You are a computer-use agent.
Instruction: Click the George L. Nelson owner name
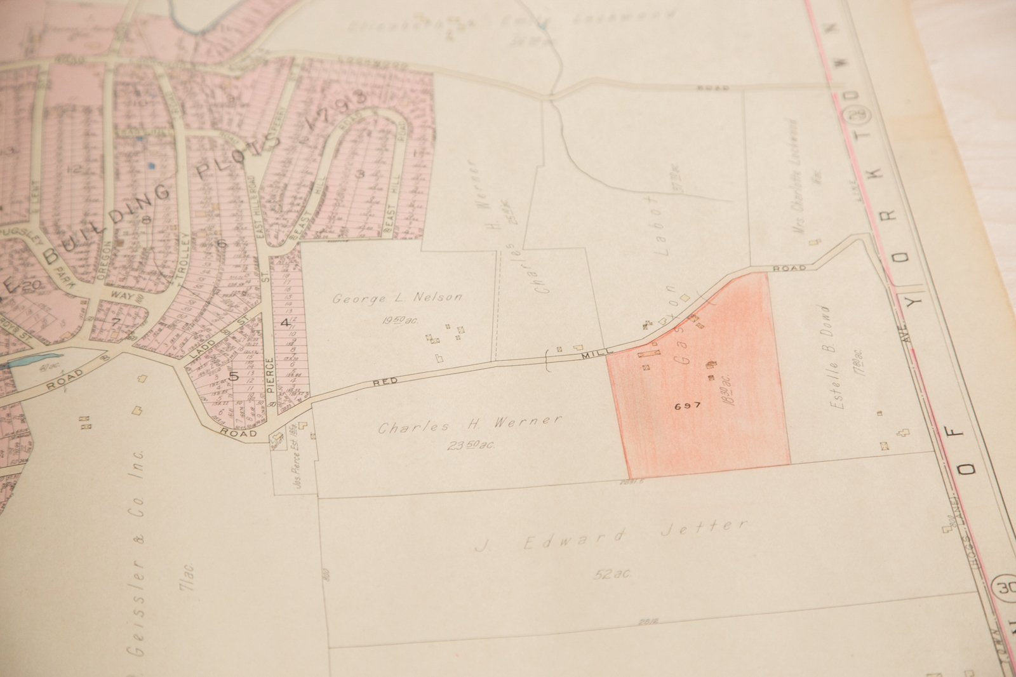[398, 297]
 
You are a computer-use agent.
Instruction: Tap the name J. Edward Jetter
[612, 535]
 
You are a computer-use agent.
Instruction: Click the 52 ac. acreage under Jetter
[613, 574]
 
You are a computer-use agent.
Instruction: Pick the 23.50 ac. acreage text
[471, 445]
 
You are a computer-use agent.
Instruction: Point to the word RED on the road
[385, 380]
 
